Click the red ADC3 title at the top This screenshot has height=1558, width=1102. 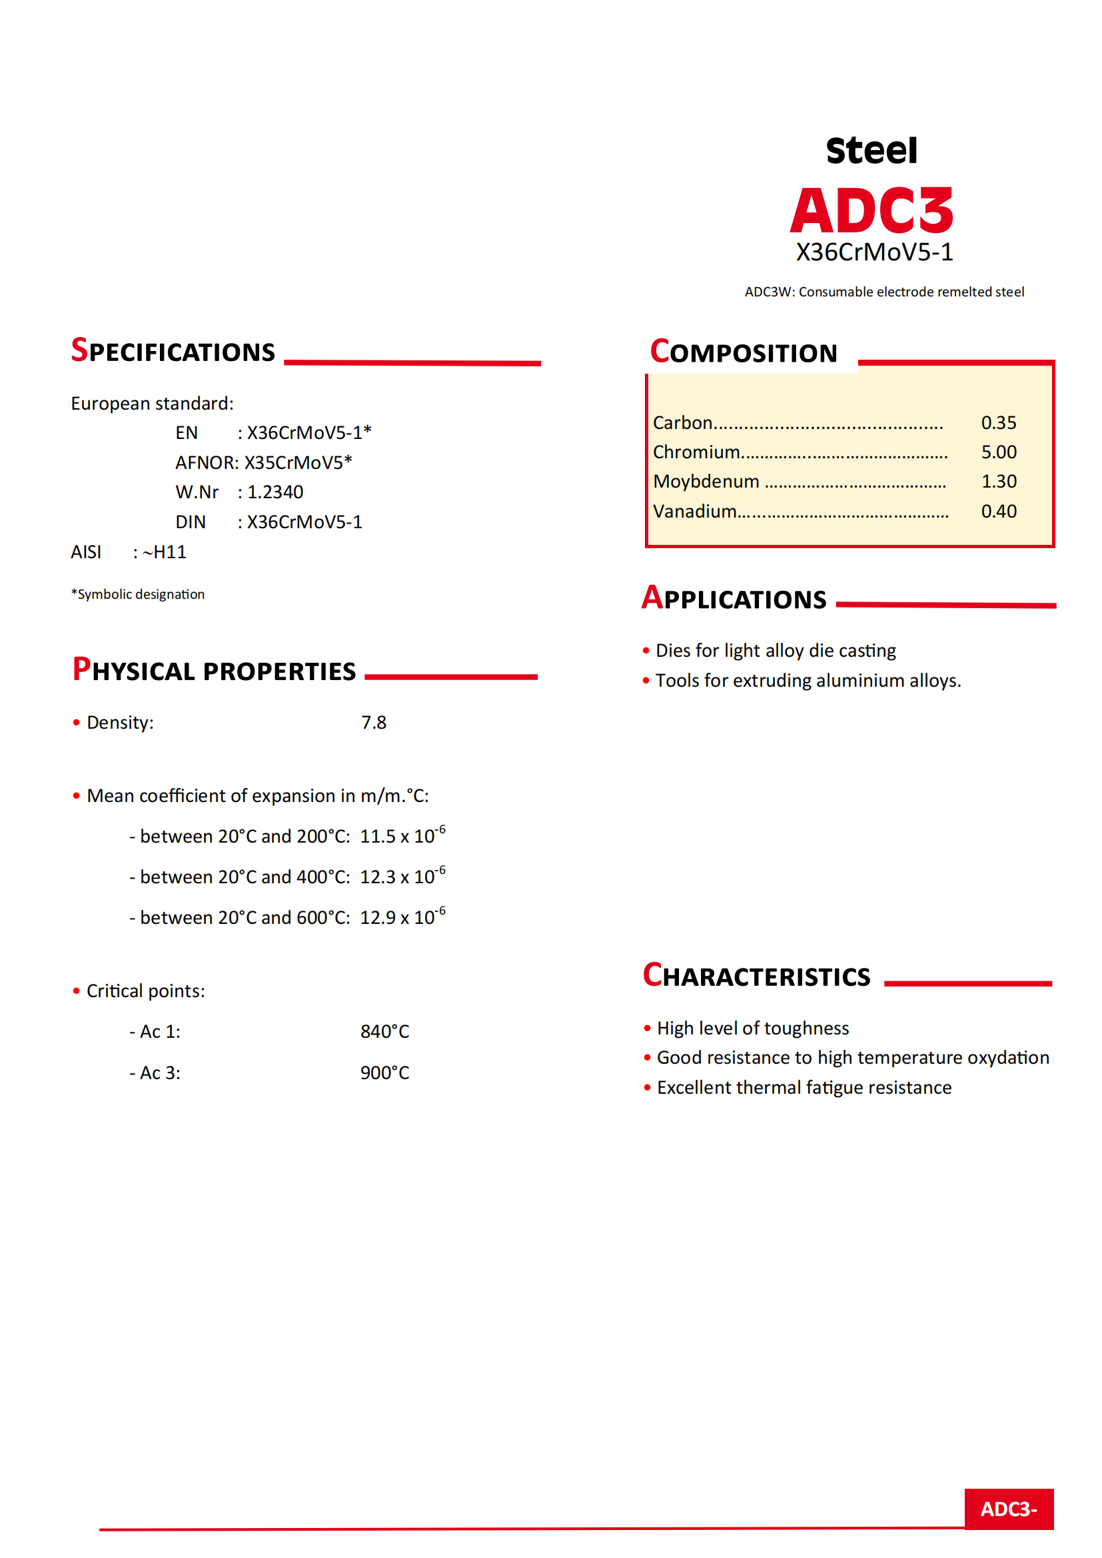tap(872, 210)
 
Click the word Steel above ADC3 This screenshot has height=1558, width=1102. tap(871, 151)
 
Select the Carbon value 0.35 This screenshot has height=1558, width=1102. tap(998, 423)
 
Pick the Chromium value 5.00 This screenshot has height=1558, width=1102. tap(998, 452)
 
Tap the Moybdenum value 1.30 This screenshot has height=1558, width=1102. tap(998, 481)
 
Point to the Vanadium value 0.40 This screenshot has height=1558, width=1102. tap(998, 511)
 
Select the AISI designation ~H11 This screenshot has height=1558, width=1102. tap(164, 552)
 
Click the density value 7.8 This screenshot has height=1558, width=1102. tap(373, 722)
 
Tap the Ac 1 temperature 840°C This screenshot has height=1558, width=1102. tap(384, 1031)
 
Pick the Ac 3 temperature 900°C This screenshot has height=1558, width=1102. tap(384, 1073)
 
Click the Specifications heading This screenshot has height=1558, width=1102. tap(174, 351)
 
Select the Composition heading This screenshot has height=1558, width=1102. tap(744, 352)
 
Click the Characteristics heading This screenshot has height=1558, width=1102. tap(757, 976)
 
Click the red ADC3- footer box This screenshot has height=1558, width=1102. tap(1008, 1509)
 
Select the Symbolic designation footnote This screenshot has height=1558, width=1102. tap(138, 594)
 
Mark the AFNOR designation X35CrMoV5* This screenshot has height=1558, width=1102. tap(298, 462)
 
